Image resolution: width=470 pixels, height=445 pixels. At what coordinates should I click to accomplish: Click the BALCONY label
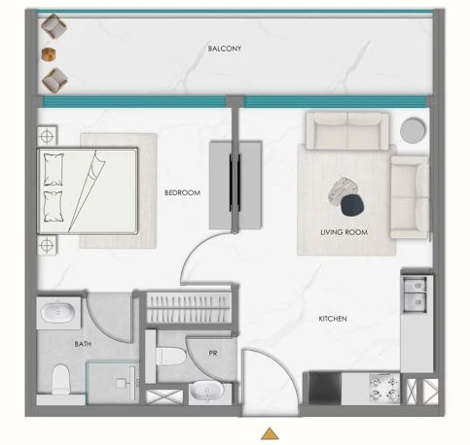(225, 49)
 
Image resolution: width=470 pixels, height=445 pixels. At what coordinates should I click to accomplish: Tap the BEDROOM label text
(182, 192)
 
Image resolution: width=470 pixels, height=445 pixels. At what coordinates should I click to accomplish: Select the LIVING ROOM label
(343, 232)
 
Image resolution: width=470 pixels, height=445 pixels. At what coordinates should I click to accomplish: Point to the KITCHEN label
(333, 319)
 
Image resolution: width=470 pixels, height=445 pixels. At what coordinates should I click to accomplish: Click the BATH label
(83, 344)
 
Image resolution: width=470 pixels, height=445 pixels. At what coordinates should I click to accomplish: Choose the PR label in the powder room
(213, 354)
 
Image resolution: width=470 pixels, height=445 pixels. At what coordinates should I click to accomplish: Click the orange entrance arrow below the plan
(270, 433)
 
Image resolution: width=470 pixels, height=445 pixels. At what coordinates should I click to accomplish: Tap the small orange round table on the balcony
(49, 54)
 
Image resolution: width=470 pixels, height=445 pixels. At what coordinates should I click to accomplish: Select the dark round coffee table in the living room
(352, 205)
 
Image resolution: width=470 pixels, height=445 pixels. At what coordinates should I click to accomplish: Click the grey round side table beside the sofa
(413, 130)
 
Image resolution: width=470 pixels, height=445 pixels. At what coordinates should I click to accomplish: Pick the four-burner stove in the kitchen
(384, 388)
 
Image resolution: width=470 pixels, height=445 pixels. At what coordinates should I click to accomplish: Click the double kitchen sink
(415, 294)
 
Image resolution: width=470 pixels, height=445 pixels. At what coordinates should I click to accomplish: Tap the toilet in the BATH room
(60, 379)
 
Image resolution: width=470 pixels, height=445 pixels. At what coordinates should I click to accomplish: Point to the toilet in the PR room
(170, 356)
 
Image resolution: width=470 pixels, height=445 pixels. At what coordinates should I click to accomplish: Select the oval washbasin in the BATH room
(57, 313)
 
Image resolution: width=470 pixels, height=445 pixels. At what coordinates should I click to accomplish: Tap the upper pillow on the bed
(54, 169)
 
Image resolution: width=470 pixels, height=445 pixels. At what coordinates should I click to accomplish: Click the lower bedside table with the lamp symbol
(47, 245)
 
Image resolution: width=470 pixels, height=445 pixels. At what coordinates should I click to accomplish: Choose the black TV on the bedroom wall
(235, 183)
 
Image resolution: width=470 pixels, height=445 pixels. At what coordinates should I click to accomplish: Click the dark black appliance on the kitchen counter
(325, 388)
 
